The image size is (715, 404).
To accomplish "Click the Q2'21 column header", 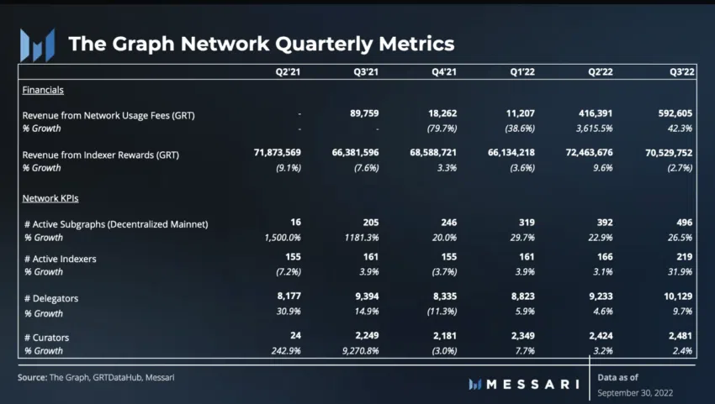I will pyautogui.click(x=288, y=73).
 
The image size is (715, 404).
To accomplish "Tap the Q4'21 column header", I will pyautogui.click(x=444, y=73).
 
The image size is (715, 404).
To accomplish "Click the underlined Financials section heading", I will pyautogui.click(x=43, y=90).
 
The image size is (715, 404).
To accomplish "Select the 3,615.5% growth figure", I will pyautogui.click(x=593, y=129).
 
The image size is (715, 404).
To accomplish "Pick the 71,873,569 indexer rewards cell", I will pyautogui.click(x=266, y=155).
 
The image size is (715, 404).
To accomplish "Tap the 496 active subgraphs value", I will pyautogui.click(x=683, y=223).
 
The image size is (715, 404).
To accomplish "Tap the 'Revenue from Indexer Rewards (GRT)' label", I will pyautogui.click(x=101, y=155).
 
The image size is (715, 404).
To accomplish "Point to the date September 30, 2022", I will pyautogui.click(x=635, y=392).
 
